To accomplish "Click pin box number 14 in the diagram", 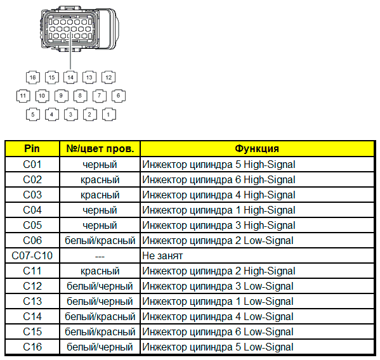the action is pyautogui.click(x=70, y=77).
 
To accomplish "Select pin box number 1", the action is pyautogui.click(x=108, y=115).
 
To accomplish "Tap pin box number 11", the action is pyautogui.click(x=23, y=96).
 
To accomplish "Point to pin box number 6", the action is pyautogui.click(x=119, y=96).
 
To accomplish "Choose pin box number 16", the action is pyautogui.click(x=33, y=77).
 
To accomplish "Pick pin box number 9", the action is pyautogui.click(x=62, y=96).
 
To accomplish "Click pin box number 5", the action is pyautogui.click(x=33, y=115).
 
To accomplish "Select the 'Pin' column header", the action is pyautogui.click(x=32, y=149).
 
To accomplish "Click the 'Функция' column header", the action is pyautogui.click(x=257, y=149).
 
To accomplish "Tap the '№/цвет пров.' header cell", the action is pyautogui.click(x=100, y=149).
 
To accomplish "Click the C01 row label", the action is pyautogui.click(x=32, y=165).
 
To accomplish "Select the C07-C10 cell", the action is pyautogui.click(x=32, y=255).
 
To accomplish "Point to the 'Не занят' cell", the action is pyautogui.click(x=257, y=255).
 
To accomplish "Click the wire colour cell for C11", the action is pyautogui.click(x=100, y=271).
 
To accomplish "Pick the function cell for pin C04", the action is pyautogui.click(x=257, y=210).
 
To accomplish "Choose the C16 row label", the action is pyautogui.click(x=32, y=347).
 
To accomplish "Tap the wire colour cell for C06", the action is pyautogui.click(x=100, y=241).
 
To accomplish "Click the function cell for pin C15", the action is pyautogui.click(x=257, y=331).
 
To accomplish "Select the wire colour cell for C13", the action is pyautogui.click(x=100, y=302).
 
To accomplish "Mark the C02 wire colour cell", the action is pyautogui.click(x=100, y=179).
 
